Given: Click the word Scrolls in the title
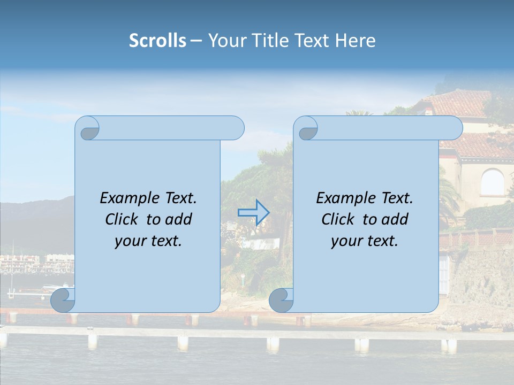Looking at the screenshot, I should (157, 41).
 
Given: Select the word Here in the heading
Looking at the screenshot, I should (356, 41).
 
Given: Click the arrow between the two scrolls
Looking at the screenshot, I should (253, 212).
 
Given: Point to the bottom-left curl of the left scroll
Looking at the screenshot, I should (63, 300).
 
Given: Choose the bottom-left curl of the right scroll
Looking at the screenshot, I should (281, 300).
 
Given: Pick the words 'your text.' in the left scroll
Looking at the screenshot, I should (148, 241).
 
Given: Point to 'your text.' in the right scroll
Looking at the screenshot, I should (365, 241).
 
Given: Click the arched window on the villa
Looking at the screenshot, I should (492, 182).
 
